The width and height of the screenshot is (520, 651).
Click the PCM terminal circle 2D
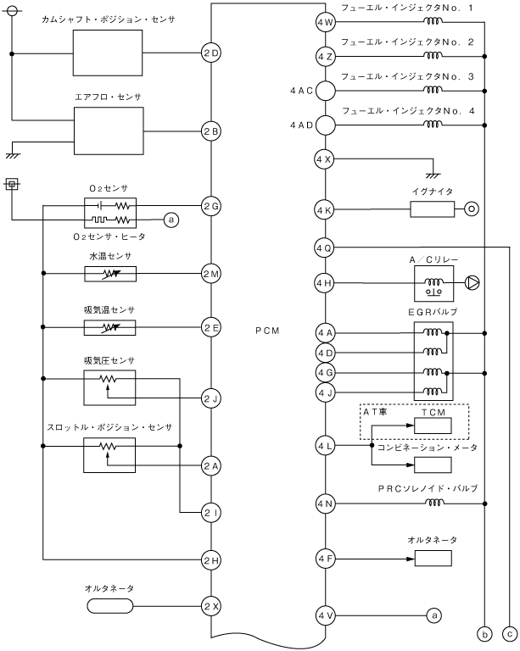[x=211, y=53]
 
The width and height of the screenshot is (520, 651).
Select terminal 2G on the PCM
[x=211, y=206]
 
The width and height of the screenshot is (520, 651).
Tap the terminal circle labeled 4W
[x=325, y=22]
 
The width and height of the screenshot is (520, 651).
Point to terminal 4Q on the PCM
[x=324, y=248]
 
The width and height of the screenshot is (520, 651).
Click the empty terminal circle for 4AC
[x=325, y=91]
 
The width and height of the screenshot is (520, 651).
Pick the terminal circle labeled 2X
[x=211, y=606]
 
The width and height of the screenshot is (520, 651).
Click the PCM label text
[x=267, y=331]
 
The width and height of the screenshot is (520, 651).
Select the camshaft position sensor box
[x=108, y=53]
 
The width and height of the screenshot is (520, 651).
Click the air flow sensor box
[x=109, y=131]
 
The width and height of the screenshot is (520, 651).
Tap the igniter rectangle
[x=433, y=209]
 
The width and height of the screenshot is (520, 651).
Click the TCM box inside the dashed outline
[x=433, y=426]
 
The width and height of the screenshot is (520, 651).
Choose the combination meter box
[x=433, y=465]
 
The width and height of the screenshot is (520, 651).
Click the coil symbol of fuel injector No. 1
[x=433, y=20]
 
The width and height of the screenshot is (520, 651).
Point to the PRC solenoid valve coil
[x=434, y=503]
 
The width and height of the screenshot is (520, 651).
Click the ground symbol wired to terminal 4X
[x=433, y=175]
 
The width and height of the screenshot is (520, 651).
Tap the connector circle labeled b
[x=484, y=634]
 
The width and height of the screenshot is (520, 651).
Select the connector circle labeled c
[x=510, y=634]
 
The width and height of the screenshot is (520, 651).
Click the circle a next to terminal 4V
[x=434, y=615]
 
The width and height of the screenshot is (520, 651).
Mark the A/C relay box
[x=433, y=284]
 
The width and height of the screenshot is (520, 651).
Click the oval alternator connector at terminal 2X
[x=110, y=606]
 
